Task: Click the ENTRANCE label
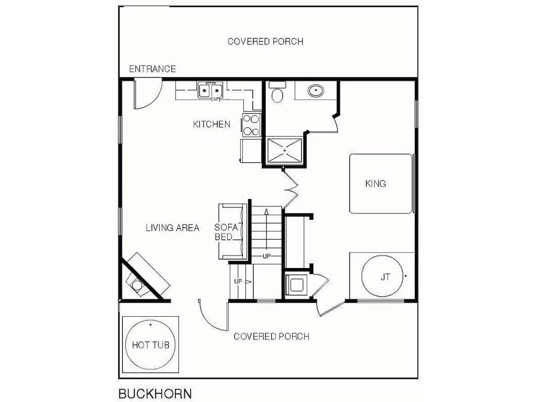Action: point(152,69)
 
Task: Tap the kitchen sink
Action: point(210,90)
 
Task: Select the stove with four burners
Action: point(251,125)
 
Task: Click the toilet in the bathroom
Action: point(277,93)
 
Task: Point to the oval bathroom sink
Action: point(316,91)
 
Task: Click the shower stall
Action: point(285,151)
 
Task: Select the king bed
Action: point(381,183)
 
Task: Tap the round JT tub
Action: point(383,276)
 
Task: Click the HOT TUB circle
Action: point(151,345)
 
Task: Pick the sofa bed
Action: point(233,232)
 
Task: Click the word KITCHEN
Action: point(212,124)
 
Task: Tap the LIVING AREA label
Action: point(173,228)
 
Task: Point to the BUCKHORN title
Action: point(155,394)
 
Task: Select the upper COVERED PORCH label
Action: point(266,41)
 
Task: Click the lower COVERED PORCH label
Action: point(271,337)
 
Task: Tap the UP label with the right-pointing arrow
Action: point(243,282)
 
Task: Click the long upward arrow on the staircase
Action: point(266,229)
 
